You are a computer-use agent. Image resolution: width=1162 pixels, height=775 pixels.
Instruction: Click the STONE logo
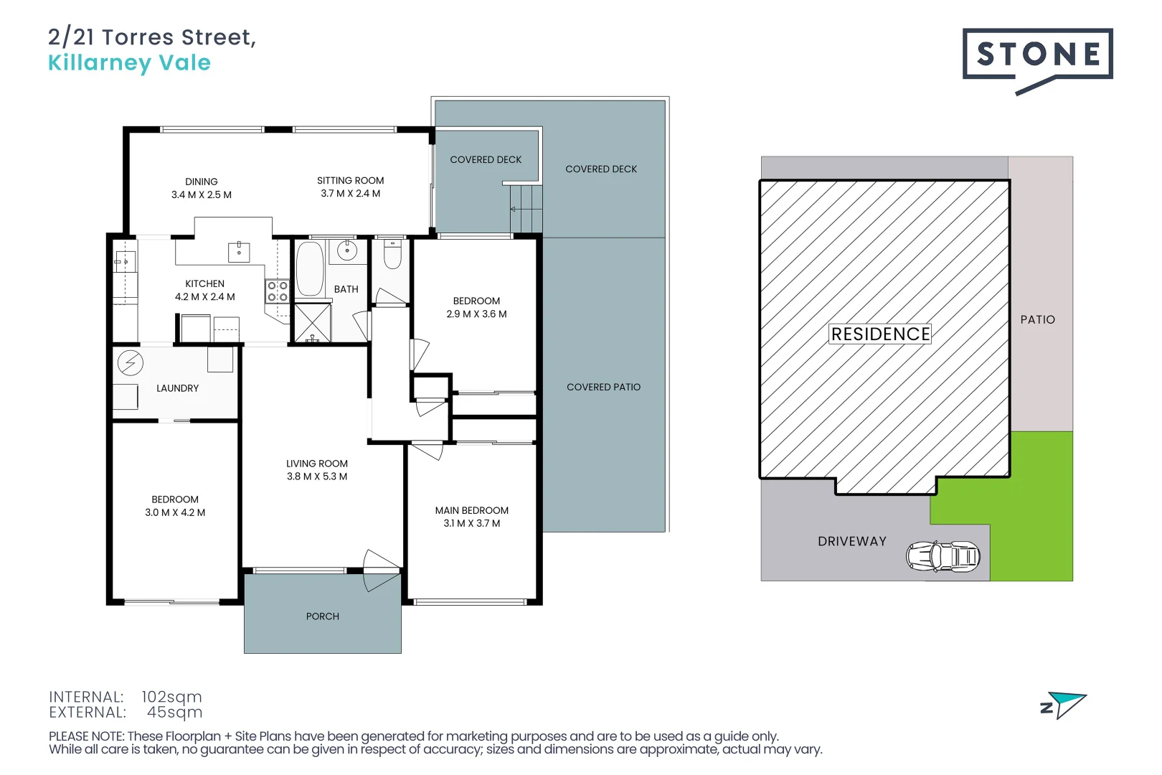[x=1036, y=55]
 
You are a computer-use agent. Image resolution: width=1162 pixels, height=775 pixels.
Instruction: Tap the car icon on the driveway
[x=943, y=556]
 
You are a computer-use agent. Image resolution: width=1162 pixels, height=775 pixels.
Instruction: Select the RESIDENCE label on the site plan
[x=880, y=334]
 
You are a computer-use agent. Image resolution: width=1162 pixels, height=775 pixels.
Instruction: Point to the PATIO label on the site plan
[x=1037, y=320]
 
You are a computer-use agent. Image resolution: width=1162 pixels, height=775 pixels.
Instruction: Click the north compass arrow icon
[x=1064, y=705]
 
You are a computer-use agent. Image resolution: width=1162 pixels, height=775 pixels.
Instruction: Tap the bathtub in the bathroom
[x=310, y=269]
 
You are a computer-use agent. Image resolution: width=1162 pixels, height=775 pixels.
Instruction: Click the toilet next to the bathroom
[x=392, y=255]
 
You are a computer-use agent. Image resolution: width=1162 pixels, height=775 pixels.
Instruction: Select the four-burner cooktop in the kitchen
[x=278, y=291]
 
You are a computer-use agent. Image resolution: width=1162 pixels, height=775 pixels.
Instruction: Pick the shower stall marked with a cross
[x=313, y=322]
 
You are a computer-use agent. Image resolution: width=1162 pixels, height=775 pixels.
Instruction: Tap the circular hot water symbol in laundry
[x=131, y=363]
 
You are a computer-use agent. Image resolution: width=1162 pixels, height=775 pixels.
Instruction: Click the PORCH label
[x=323, y=616]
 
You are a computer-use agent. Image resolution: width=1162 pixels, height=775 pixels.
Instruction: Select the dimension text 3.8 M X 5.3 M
[x=317, y=476]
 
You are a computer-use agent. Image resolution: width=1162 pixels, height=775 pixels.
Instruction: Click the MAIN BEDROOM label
[x=471, y=510]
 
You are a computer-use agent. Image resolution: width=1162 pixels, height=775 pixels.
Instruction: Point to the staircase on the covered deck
[x=526, y=209]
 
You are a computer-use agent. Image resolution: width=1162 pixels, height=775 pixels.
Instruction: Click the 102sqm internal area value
[x=171, y=697]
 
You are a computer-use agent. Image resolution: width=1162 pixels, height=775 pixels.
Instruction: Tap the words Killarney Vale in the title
[x=129, y=63]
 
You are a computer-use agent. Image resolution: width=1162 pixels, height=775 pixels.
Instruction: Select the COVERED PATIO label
[x=603, y=387]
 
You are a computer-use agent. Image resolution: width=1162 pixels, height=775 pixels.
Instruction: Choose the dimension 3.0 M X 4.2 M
[x=175, y=512]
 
